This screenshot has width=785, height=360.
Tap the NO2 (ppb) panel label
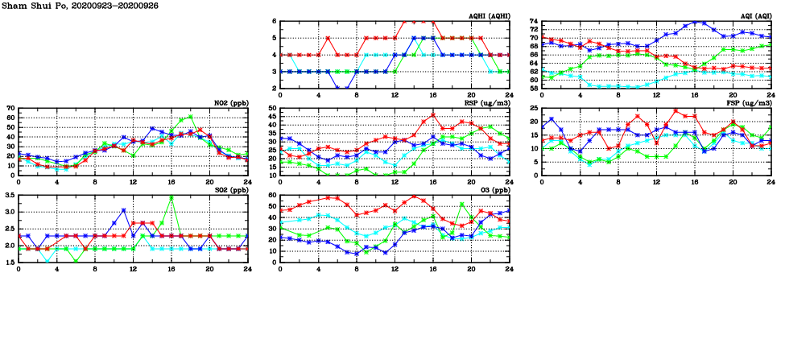[x=229, y=102]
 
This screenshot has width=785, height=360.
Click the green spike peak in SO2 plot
[x=171, y=197]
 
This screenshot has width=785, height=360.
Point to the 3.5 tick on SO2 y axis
[x=10, y=196]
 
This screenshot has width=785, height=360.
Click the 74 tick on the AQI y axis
[x=533, y=22]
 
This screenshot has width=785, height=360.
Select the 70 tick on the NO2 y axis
[x=10, y=109]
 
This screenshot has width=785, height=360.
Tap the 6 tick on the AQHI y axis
[x=275, y=22]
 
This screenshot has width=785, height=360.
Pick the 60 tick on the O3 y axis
[x=272, y=196]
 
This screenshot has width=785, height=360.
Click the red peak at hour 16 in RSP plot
[x=433, y=114]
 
